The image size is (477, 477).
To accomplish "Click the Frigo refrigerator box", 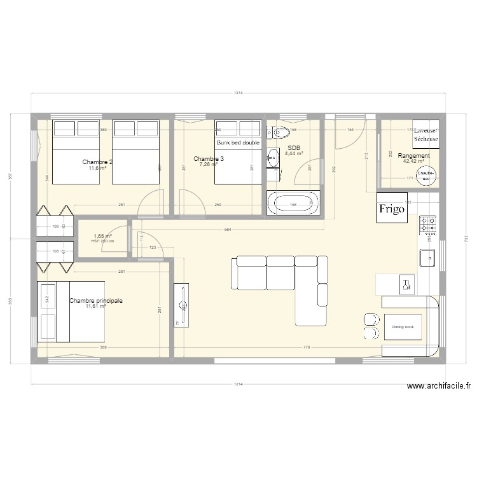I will pyautogui.click(x=392, y=208).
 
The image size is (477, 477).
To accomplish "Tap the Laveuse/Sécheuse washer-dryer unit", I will pyautogui.click(x=425, y=134).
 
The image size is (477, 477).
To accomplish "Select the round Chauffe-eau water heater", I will pyautogui.click(x=425, y=175).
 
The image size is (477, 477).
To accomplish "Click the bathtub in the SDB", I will pyautogui.click(x=293, y=204).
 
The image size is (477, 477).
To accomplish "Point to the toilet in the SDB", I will pyautogui.click(x=280, y=133).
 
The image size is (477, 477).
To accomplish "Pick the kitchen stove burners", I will pyautogui.click(x=428, y=224).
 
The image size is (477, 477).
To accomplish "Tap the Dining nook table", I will pyautogui.click(x=403, y=327).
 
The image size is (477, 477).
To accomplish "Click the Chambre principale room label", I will pyautogui.click(x=95, y=300).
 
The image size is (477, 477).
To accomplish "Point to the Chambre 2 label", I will pyautogui.click(x=97, y=162).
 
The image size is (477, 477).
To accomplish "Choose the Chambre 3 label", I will pyautogui.click(x=208, y=159).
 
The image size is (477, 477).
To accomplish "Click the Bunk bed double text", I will pyautogui.click(x=238, y=143).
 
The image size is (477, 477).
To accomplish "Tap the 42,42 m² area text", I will pyautogui.click(x=413, y=162).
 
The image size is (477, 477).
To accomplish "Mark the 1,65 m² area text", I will pyautogui.click(x=102, y=236).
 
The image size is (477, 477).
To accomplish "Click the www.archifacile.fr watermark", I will pyautogui.click(x=438, y=385).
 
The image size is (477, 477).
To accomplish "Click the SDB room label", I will pyautogui.click(x=294, y=148).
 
